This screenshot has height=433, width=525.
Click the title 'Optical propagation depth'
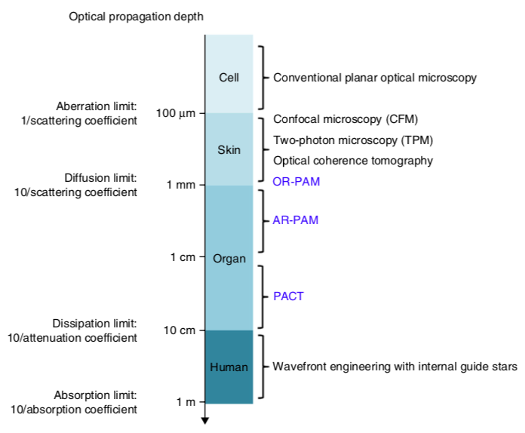[x=136, y=17]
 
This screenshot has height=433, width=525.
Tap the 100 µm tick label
[x=176, y=113]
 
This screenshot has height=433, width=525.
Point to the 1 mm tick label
[x=181, y=185]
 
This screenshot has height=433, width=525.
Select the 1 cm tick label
[x=183, y=257]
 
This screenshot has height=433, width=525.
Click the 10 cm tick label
[x=180, y=330]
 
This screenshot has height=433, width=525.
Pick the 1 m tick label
[x=186, y=401]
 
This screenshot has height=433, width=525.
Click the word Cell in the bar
[x=229, y=77]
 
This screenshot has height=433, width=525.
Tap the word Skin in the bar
[x=229, y=149]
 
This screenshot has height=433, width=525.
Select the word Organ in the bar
[x=229, y=258]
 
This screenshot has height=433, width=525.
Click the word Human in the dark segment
[x=229, y=367]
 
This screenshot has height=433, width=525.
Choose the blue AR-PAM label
[x=296, y=221]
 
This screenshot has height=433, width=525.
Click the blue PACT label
[x=288, y=296]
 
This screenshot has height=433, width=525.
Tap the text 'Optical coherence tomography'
[x=352, y=161]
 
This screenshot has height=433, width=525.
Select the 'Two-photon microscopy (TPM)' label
[x=353, y=140]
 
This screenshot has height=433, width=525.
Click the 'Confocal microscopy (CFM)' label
[x=345, y=119]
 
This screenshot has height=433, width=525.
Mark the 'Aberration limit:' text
[x=97, y=106]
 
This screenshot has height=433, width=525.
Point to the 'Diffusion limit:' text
[x=100, y=177]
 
